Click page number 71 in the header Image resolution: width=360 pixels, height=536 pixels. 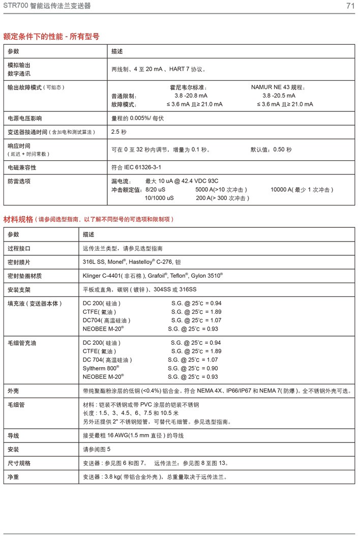tap(350, 6)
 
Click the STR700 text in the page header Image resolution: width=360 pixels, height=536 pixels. tap(15, 6)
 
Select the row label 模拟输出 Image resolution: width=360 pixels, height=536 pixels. tap(19, 65)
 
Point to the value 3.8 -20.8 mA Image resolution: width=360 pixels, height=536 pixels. tap(191, 96)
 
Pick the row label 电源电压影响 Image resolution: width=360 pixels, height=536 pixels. tap(25, 118)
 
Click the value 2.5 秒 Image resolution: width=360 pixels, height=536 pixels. tap(119, 132)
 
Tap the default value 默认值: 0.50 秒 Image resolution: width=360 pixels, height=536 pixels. tap(271, 150)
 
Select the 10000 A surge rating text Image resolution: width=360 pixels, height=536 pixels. tap(302, 190)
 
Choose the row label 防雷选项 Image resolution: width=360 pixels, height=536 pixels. tap(19, 181)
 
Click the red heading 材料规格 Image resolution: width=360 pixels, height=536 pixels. tap(18, 219)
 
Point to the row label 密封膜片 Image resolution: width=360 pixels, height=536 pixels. tap(19, 262)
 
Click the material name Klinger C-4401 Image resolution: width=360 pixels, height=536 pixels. tap(103, 276)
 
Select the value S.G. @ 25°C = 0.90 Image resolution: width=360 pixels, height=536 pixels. tap(194, 368)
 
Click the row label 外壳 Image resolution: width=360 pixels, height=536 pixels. tap(13, 391)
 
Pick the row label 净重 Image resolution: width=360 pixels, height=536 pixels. tap(13, 477)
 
